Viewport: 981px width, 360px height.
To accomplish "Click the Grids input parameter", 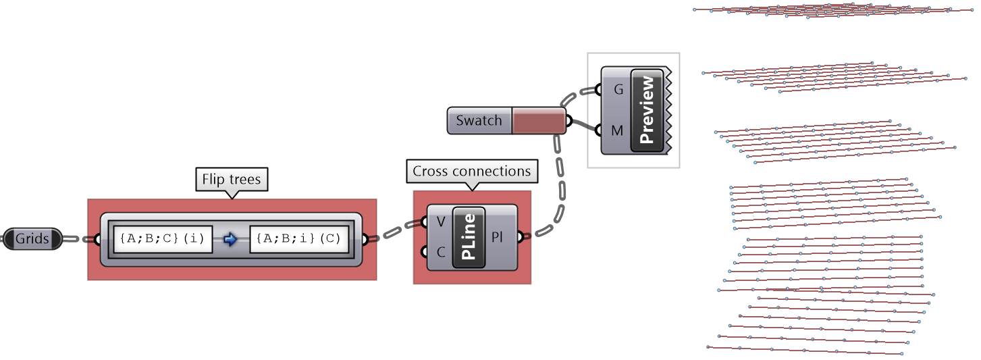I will (32, 238).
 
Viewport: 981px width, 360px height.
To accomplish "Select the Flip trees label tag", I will (232, 180).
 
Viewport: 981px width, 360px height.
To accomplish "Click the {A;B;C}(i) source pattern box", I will (163, 239).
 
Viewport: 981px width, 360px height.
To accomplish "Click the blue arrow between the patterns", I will (231, 239).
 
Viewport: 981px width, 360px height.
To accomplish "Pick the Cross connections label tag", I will (471, 172).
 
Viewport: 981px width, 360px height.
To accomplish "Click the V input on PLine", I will (440, 222).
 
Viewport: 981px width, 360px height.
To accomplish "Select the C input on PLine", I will (440, 253).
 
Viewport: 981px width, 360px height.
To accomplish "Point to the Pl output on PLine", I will (498, 237).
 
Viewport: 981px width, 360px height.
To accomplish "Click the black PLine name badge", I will (469, 237).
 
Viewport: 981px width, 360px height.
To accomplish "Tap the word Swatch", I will (479, 121).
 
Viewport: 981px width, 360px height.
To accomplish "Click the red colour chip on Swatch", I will (538, 121).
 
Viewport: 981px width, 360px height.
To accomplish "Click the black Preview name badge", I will (647, 109).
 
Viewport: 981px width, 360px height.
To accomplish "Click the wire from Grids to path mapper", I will (79, 238).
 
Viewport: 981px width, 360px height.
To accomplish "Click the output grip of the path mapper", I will (365, 239).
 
